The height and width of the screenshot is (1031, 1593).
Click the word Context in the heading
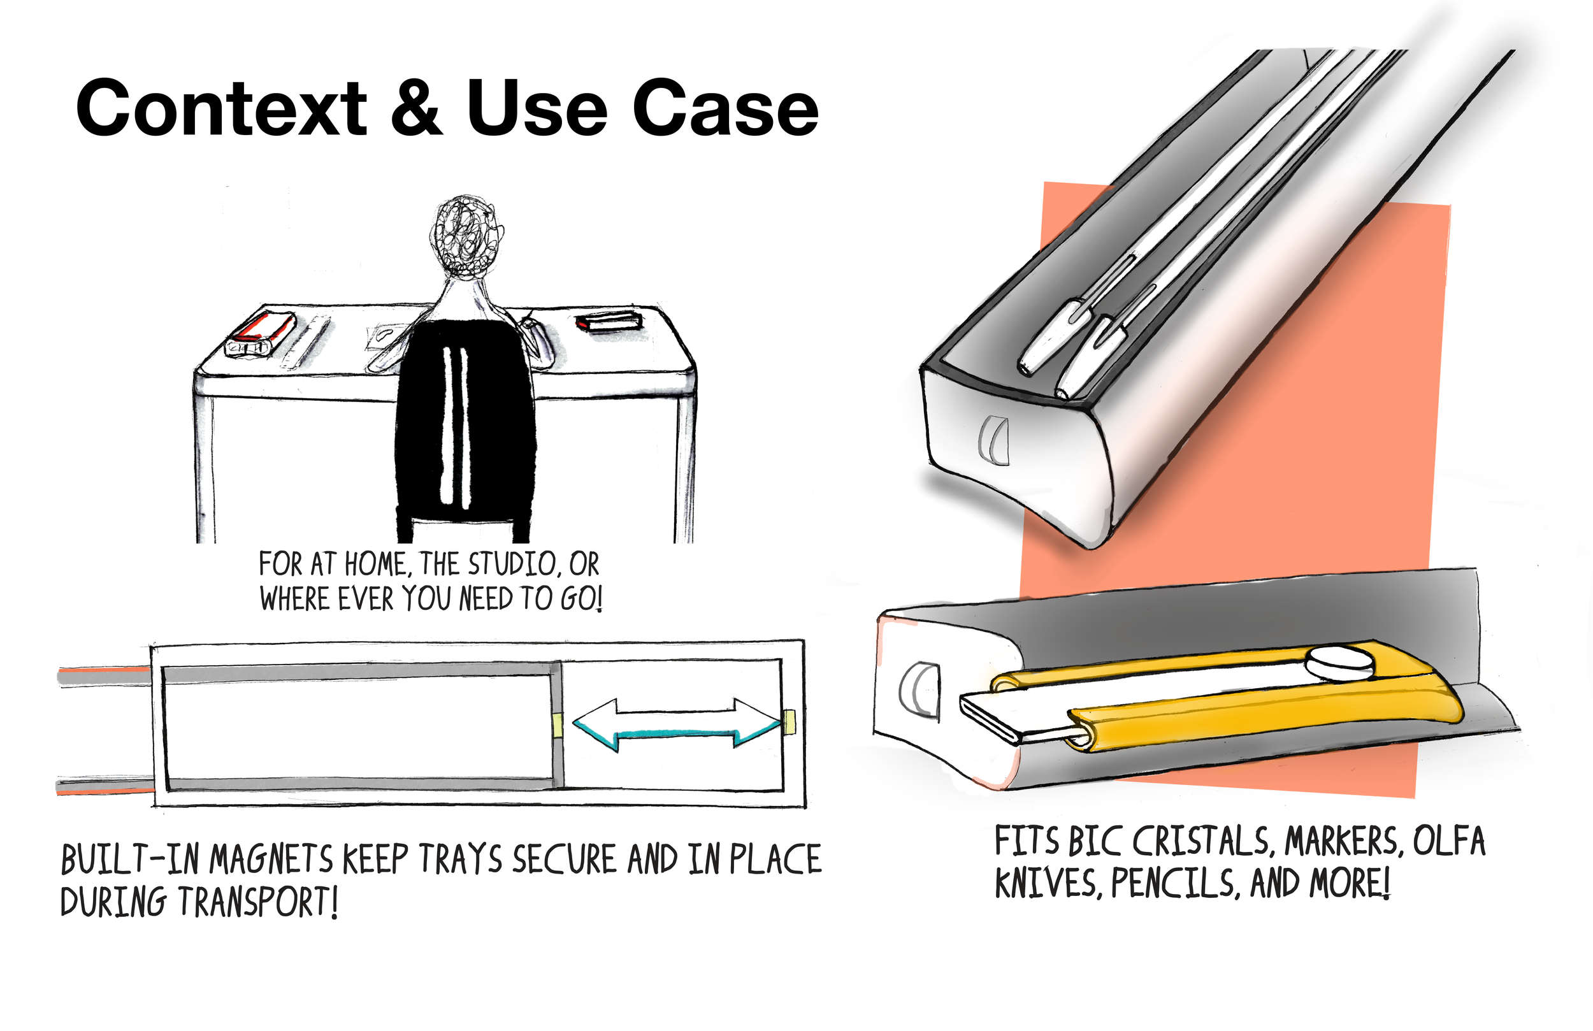tap(221, 108)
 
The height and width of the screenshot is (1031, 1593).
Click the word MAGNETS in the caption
tap(271, 860)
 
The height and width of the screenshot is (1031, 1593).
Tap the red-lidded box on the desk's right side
tap(609, 321)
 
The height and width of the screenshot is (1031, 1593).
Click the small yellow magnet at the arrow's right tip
tap(789, 722)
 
